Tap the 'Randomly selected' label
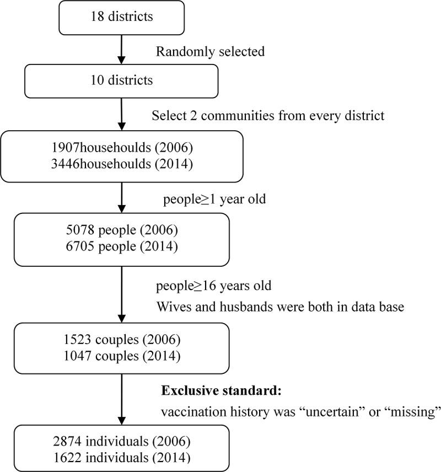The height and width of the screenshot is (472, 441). [x=210, y=52]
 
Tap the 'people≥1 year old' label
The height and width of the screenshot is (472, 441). [x=214, y=199]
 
